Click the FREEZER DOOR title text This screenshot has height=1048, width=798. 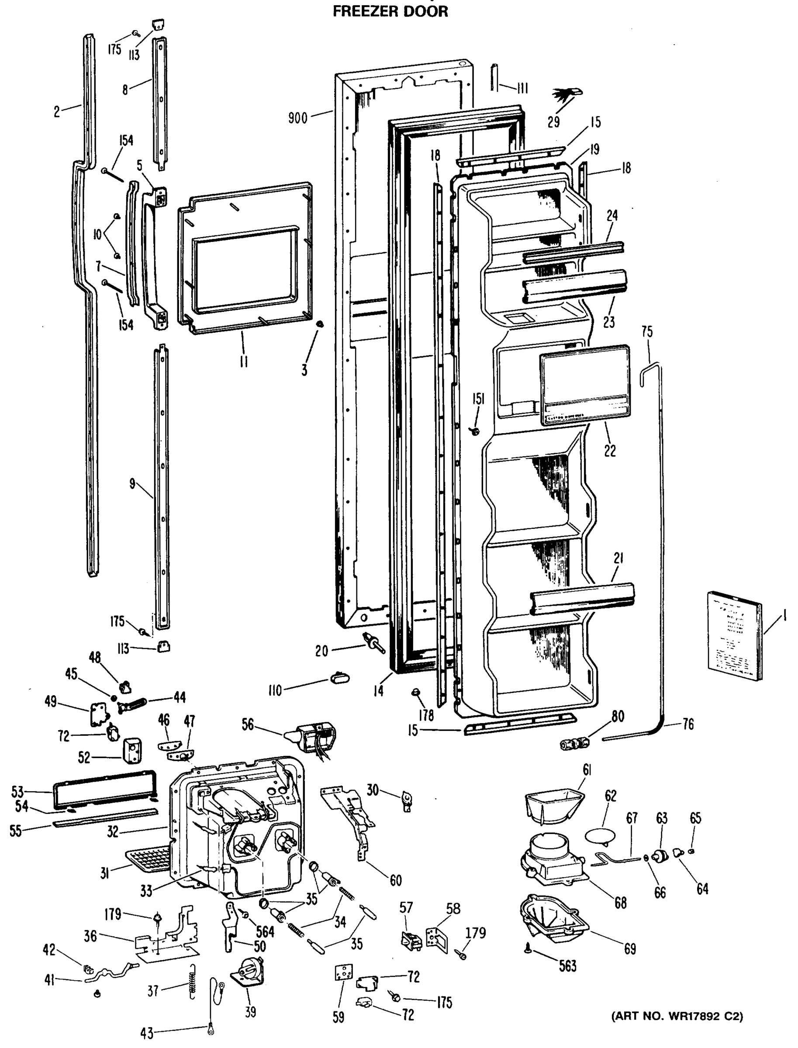tap(390, 11)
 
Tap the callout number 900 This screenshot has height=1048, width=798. tap(298, 118)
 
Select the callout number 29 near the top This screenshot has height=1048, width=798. tap(554, 122)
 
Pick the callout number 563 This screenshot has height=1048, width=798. tap(568, 965)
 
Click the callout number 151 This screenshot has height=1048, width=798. tap(478, 399)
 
